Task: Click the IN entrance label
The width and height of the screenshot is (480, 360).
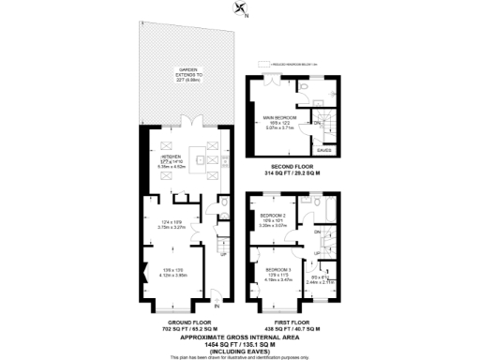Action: (x=217, y=306)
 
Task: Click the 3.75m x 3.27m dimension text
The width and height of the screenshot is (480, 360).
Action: (x=171, y=226)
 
